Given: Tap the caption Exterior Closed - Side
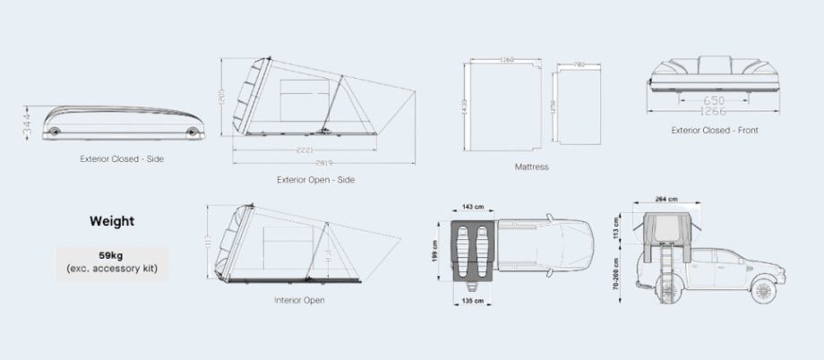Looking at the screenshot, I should (x=121, y=159).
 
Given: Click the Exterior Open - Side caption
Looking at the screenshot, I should (x=315, y=180).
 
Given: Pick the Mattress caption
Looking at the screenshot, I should (x=531, y=167).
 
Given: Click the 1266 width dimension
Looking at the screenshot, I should (x=715, y=112).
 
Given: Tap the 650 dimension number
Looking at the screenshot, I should (x=715, y=100).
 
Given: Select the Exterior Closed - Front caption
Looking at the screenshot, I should (x=715, y=131).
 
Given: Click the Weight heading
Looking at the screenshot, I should (x=112, y=220).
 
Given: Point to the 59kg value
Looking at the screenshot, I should (x=112, y=254).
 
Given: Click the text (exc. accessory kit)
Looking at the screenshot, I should (x=112, y=268).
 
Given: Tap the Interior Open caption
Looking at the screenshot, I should (x=299, y=300).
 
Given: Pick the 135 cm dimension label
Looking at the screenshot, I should (x=471, y=302).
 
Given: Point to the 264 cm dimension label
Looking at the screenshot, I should (x=665, y=199).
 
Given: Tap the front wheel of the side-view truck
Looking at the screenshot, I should (x=762, y=290).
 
